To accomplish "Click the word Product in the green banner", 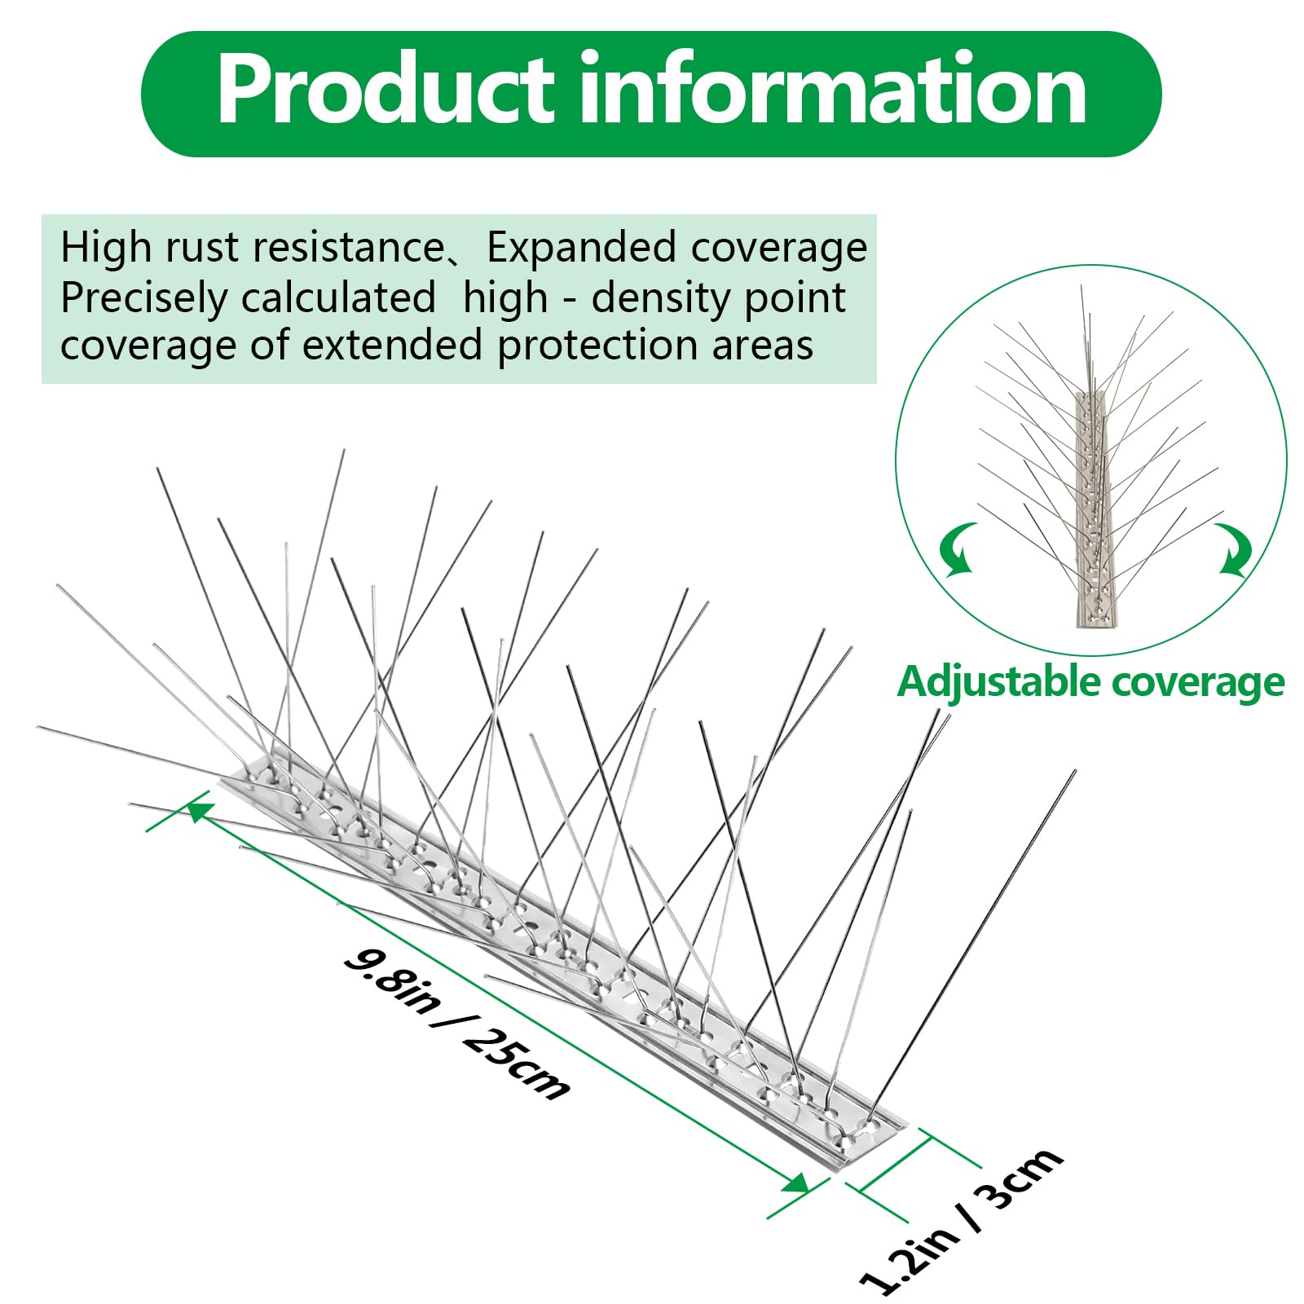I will point(383,90).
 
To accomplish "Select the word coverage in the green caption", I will point(1197,682).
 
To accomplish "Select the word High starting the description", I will point(105,248).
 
